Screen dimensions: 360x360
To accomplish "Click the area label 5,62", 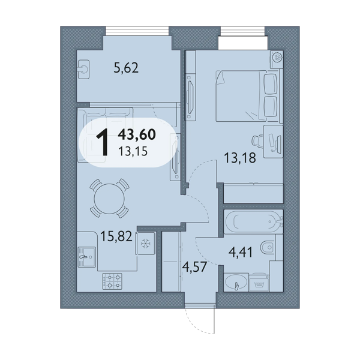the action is (x=126, y=68).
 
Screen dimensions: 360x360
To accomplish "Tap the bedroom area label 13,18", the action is (x=239, y=158).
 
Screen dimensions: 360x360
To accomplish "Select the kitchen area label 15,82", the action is (x=116, y=236).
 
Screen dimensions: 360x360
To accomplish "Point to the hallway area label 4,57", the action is (x=194, y=267).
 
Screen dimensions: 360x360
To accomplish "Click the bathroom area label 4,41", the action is (x=241, y=252).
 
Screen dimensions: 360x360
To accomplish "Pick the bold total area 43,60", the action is (x=137, y=134).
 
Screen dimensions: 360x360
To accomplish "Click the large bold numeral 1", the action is (x=103, y=142).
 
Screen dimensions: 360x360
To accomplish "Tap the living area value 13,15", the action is (x=133, y=151).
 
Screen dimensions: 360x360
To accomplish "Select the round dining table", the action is (x=110, y=199).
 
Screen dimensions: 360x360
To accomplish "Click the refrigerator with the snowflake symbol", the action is (x=145, y=243).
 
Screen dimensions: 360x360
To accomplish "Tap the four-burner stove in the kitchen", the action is (x=112, y=281).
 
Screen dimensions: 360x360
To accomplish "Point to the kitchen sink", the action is (x=86, y=257).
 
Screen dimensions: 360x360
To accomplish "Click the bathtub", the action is (x=253, y=221).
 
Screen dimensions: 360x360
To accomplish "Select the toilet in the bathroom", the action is (x=268, y=247).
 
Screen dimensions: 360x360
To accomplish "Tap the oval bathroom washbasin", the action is (x=236, y=282).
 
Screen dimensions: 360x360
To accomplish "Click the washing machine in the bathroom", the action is (x=259, y=283).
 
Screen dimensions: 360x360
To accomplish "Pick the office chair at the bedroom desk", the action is (x=257, y=140).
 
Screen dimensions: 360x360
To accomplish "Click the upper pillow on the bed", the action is (x=271, y=84).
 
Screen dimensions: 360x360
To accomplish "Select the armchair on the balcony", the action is (x=83, y=70).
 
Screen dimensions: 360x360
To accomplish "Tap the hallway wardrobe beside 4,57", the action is (x=171, y=262).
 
